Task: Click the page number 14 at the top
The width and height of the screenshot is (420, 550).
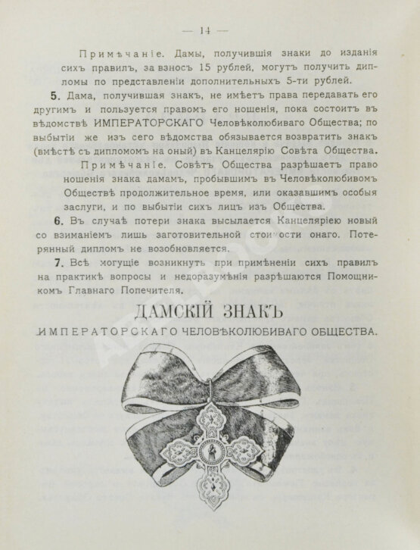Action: (x=204, y=30)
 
